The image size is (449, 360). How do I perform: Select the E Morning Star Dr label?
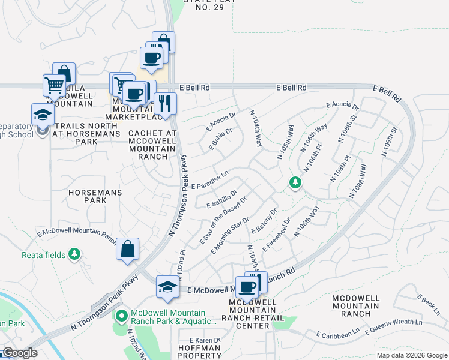tap(230, 236)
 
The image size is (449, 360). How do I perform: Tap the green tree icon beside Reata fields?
tap(74, 254)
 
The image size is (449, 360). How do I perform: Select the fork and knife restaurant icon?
tap(165, 103)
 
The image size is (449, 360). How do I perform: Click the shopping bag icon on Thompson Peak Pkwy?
tap(128, 250)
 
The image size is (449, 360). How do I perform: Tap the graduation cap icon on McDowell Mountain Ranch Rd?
tap(168, 287)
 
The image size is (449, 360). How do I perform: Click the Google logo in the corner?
tap(20, 353)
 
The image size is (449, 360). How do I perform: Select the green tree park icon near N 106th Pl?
tap(295, 182)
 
